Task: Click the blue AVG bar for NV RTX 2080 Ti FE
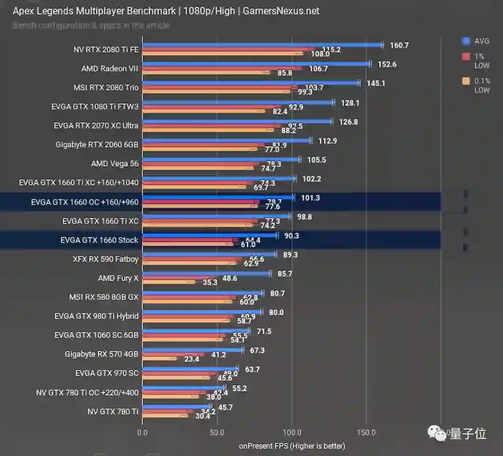tap(261, 45)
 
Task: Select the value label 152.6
tap(387, 64)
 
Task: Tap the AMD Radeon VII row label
tap(110, 68)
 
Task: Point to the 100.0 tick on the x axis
tap(292, 432)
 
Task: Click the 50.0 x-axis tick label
tap(217, 432)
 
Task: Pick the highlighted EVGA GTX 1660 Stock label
tap(99, 240)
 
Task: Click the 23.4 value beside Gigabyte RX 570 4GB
tap(191, 359)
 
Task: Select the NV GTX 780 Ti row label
tap(113, 411)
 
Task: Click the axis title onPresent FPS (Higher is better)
tap(292, 446)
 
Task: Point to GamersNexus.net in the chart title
tap(281, 11)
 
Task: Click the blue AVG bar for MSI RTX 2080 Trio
tap(251, 83)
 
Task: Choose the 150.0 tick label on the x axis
tap(366, 432)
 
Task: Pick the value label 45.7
tap(225, 408)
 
